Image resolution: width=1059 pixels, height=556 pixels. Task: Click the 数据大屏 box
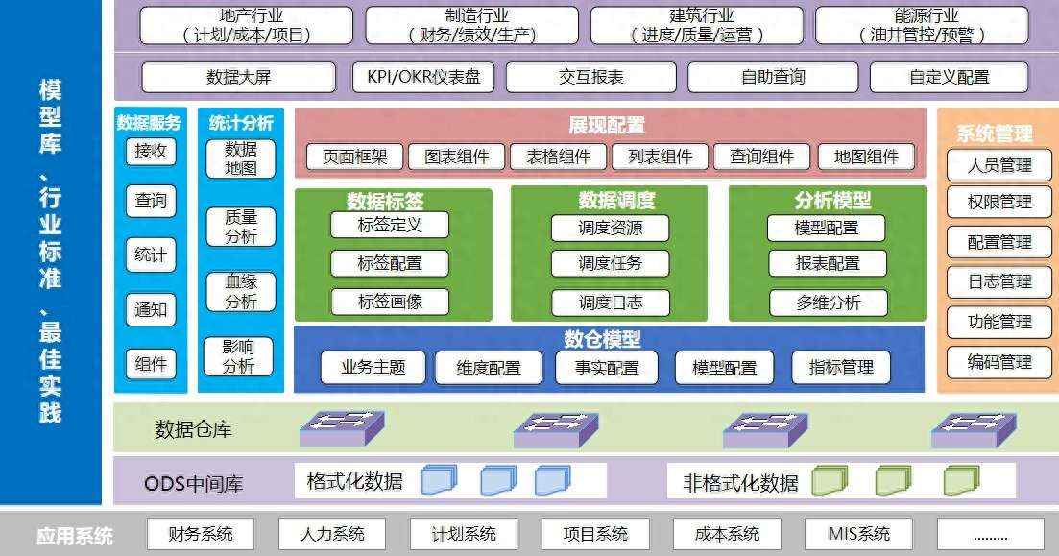click(x=238, y=77)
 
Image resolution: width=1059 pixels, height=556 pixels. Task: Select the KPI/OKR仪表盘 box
click(x=423, y=77)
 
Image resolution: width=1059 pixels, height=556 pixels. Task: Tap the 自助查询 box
click(x=773, y=77)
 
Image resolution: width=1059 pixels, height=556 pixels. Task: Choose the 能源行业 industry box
click(x=922, y=26)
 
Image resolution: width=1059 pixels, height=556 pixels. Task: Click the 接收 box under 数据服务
click(x=151, y=151)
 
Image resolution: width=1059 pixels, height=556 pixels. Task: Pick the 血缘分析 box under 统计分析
click(x=240, y=292)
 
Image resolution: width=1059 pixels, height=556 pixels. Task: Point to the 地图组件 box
click(x=867, y=157)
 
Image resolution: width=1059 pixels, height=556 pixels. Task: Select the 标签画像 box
click(x=390, y=302)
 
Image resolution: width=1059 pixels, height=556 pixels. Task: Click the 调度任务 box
click(x=610, y=263)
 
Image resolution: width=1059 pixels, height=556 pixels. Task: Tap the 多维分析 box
click(x=828, y=302)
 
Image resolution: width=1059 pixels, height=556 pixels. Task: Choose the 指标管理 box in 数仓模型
click(x=841, y=368)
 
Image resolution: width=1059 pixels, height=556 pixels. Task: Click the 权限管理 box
click(x=999, y=202)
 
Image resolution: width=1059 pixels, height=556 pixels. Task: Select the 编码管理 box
click(x=999, y=362)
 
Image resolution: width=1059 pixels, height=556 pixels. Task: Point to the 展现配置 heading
click(x=607, y=125)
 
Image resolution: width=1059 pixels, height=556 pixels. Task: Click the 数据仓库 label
click(x=193, y=429)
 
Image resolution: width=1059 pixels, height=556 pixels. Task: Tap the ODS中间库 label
click(x=193, y=484)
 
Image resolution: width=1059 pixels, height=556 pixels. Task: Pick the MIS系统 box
click(x=858, y=534)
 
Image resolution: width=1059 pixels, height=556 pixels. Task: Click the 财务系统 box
click(x=201, y=534)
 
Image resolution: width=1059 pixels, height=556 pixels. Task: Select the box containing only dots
click(x=990, y=534)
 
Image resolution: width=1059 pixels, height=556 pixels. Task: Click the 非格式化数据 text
click(x=740, y=483)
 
